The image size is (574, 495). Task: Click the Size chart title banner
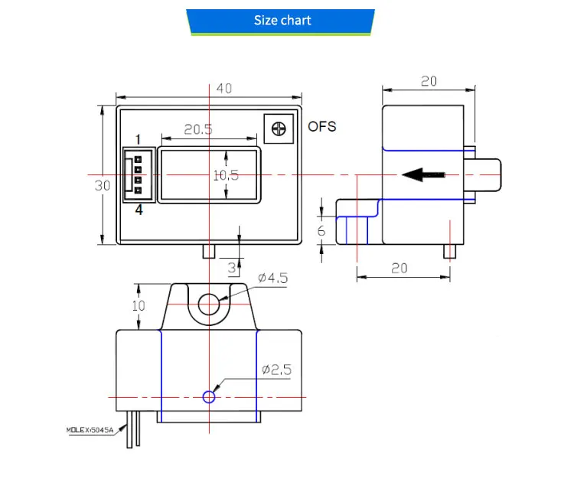coord(282,21)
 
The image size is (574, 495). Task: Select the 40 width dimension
coord(223,89)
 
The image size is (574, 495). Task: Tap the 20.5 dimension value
coord(197,129)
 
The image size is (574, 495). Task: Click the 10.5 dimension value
coord(226,175)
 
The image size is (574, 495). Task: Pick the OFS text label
coord(321,126)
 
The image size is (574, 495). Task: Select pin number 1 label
coord(139,139)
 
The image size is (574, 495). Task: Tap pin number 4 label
coord(139,210)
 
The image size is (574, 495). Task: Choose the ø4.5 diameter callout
coord(272,278)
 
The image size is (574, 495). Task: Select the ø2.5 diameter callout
coord(276,370)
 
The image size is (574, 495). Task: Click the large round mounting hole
coord(209,304)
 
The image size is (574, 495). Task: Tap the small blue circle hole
coord(209,396)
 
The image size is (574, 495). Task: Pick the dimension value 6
coord(321,230)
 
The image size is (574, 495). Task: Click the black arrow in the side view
coord(423,175)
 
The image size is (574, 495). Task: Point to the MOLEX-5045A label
coord(90,430)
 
